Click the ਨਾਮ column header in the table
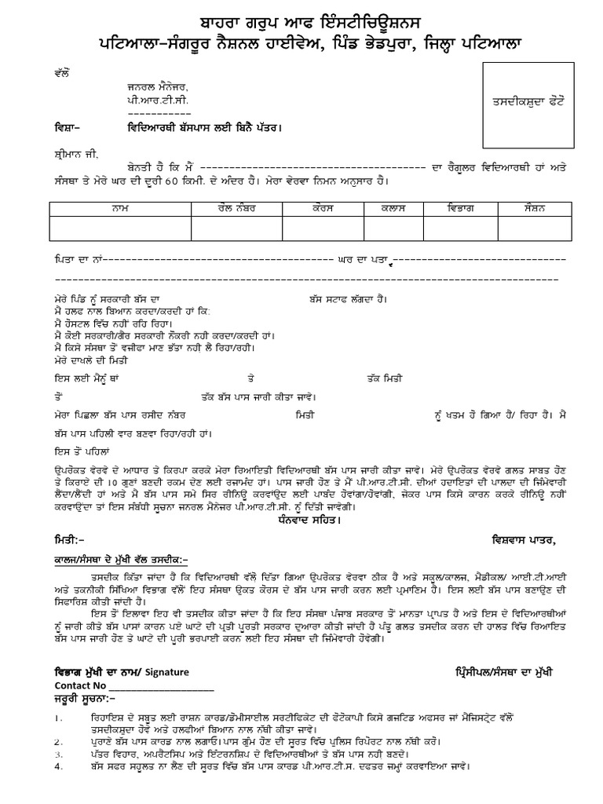tap(119, 209)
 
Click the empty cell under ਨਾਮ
tap(119, 228)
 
